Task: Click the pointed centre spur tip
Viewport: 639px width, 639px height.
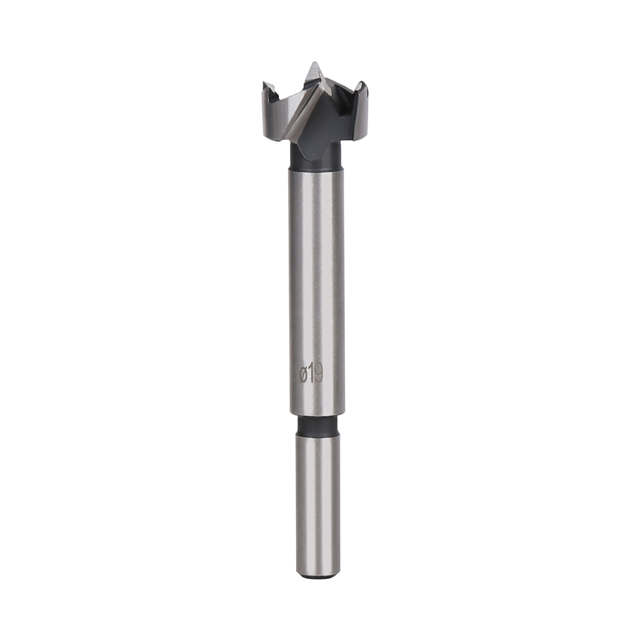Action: pos(314,64)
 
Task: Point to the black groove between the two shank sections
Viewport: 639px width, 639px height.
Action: pos(316,427)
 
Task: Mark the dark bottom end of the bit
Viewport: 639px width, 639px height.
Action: pos(318,576)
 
